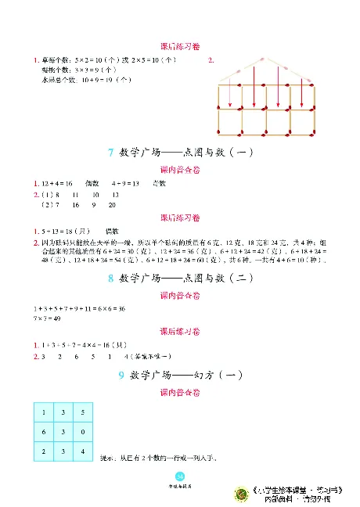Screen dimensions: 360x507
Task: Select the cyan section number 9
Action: tap(121, 376)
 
